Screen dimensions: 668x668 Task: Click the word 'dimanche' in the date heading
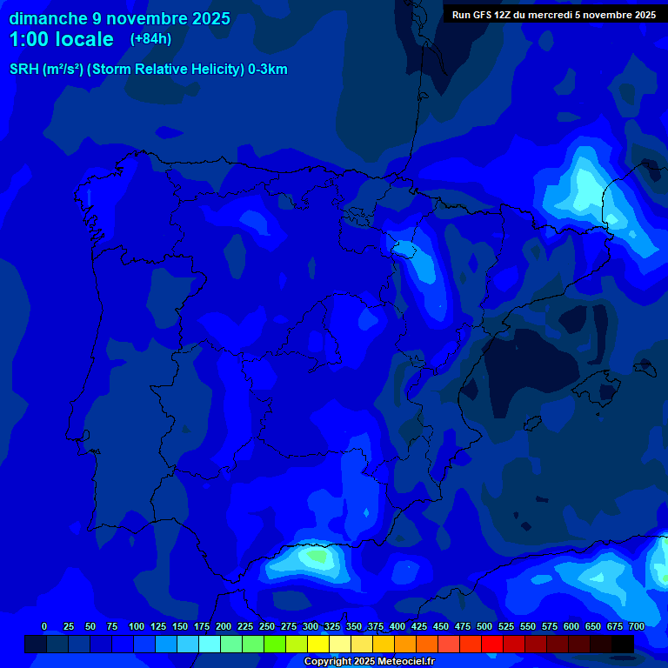[x=48, y=18]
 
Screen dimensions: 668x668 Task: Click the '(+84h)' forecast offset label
[x=150, y=39]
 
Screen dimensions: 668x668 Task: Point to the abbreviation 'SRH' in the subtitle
[x=23, y=70]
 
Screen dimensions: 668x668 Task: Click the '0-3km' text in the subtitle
[x=267, y=70]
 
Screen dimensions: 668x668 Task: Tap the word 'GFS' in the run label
[x=495, y=15]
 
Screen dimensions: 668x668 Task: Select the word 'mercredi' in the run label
[x=556, y=15]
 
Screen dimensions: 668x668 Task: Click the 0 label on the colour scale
[x=44, y=626]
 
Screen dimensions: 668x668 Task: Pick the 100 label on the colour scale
[x=137, y=626]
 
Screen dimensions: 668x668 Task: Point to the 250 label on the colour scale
[x=267, y=626]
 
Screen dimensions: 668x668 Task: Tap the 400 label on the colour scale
[x=397, y=626]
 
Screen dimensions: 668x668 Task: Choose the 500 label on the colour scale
[x=484, y=626]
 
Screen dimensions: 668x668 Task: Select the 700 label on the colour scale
[x=637, y=626]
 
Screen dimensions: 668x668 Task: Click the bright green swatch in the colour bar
[x=275, y=644]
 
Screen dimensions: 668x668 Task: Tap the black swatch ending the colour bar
[x=623, y=644]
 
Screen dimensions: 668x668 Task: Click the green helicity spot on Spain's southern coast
[x=315, y=555]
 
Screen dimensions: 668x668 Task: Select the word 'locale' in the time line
[x=83, y=39]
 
